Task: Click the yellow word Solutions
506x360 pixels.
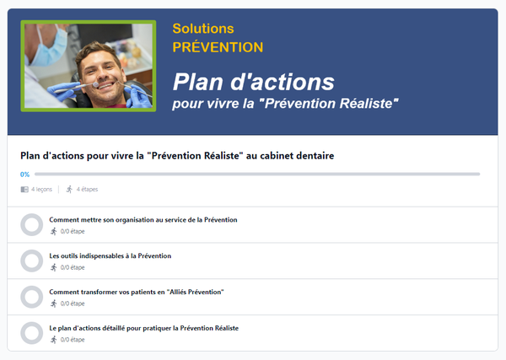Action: pos(203,29)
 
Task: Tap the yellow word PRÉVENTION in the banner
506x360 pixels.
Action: pos(218,47)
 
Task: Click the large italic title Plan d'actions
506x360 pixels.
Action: pos(254,82)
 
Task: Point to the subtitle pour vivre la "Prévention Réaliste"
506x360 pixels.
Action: pos(285,104)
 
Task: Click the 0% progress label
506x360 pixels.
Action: pos(24,175)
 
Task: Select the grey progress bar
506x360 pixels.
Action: pos(257,175)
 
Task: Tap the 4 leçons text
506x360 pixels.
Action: pos(41,190)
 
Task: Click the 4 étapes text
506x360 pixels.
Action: pos(87,190)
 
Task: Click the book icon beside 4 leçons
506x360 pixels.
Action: pos(24,190)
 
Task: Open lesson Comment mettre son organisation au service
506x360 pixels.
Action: pos(143,220)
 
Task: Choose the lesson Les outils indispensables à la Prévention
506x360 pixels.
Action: pos(110,255)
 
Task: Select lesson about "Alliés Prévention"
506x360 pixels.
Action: pos(137,292)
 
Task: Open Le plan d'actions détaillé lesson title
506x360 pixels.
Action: pos(144,328)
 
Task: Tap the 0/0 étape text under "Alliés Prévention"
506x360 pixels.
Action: pos(73,304)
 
